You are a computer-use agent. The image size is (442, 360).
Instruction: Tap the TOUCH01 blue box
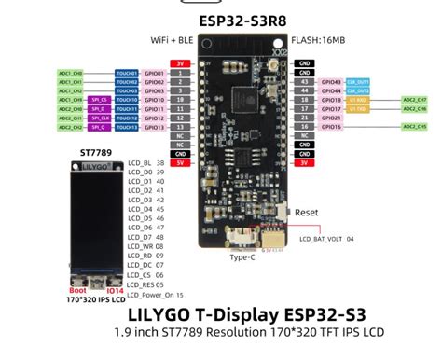pyautogui.click(x=126, y=72)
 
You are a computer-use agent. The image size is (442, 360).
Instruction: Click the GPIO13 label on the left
pyautogui.click(x=155, y=128)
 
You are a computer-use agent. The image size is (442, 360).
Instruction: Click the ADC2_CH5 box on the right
pyautogui.click(x=415, y=128)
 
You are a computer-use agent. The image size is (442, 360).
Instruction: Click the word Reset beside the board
pyautogui.click(x=307, y=212)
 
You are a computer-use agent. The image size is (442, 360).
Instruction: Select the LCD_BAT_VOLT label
pyautogui.click(x=325, y=240)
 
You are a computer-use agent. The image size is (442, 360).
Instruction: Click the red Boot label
pyautogui.click(x=78, y=291)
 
